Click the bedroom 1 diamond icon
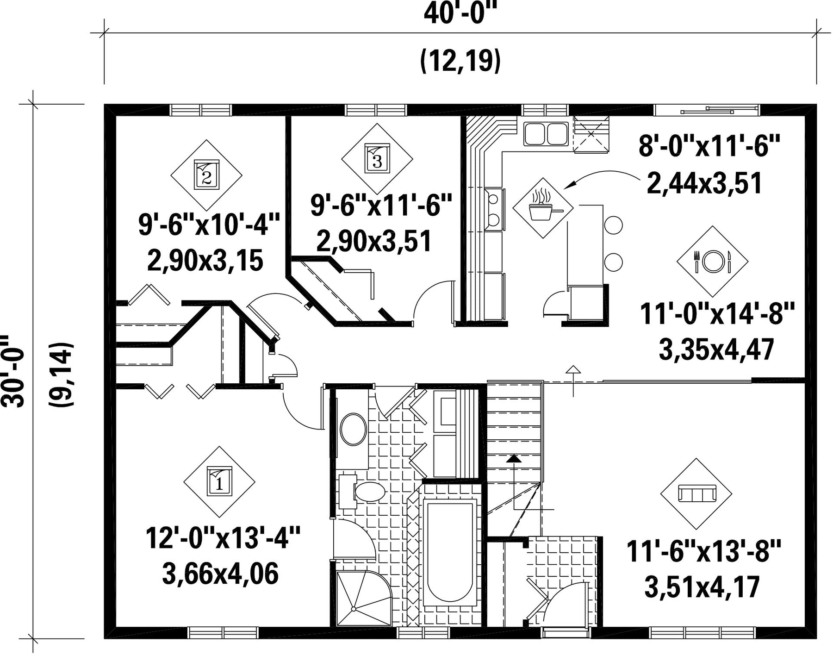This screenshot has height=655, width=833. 219,482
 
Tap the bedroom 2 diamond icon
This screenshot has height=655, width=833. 206,175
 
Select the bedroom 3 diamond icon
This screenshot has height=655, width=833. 377,159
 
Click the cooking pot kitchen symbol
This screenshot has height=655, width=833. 543,208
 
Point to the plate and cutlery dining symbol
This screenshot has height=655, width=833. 712,262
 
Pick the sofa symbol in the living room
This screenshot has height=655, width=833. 696,493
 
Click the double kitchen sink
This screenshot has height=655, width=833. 546,134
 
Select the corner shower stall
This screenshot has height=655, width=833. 364,598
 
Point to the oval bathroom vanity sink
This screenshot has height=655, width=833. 354,429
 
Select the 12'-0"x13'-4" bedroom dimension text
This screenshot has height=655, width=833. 223,537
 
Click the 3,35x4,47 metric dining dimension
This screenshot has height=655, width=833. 716,349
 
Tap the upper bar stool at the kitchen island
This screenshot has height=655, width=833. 613,225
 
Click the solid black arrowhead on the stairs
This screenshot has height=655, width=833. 513,459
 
